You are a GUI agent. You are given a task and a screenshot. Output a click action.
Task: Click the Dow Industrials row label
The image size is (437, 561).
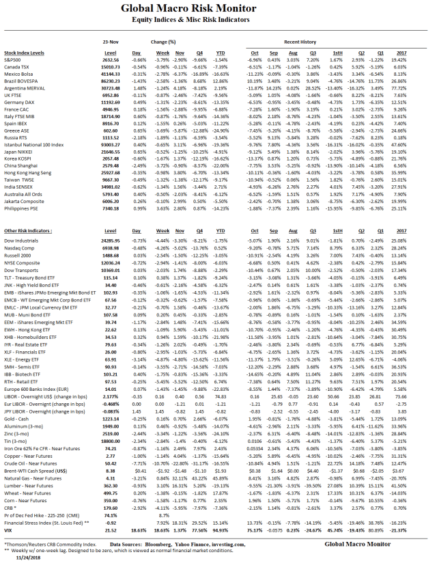(x=21, y=241)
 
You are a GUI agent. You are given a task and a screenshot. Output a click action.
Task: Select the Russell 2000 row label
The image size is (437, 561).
(x=18, y=254)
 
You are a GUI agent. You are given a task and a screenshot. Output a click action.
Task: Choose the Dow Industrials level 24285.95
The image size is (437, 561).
(x=110, y=241)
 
